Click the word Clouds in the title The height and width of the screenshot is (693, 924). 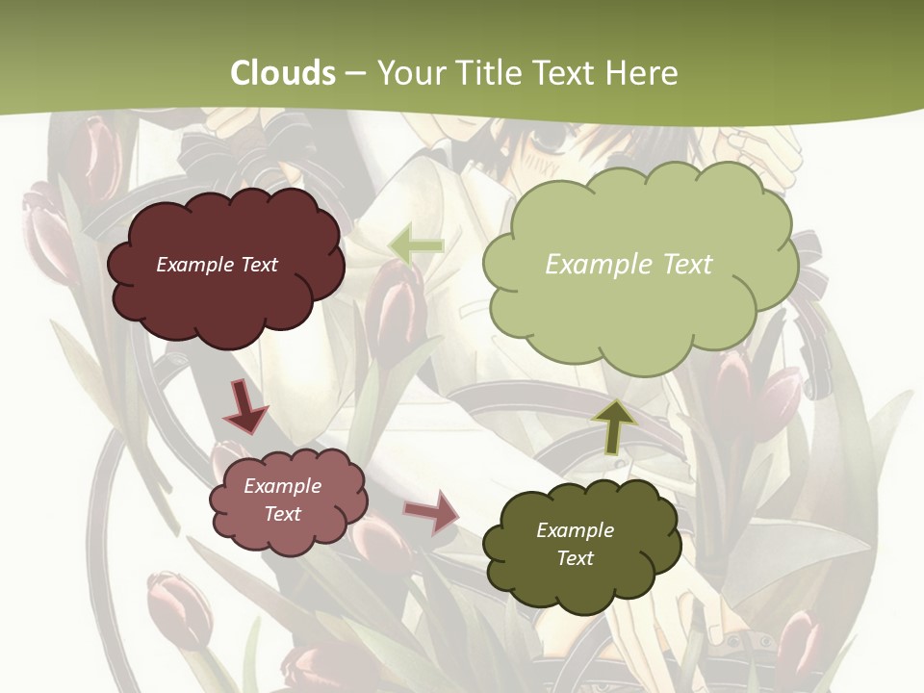pyautogui.click(x=283, y=73)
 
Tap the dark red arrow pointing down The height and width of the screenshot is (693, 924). pyautogui.click(x=245, y=406)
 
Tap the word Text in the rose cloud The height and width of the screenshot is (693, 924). pyautogui.click(x=283, y=514)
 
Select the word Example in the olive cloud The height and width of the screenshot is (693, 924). pyautogui.click(x=575, y=530)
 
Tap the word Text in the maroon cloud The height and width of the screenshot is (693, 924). pyautogui.click(x=258, y=265)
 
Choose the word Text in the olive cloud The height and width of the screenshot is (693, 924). pyautogui.click(x=575, y=558)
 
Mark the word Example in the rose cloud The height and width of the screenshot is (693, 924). pyautogui.click(x=283, y=486)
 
